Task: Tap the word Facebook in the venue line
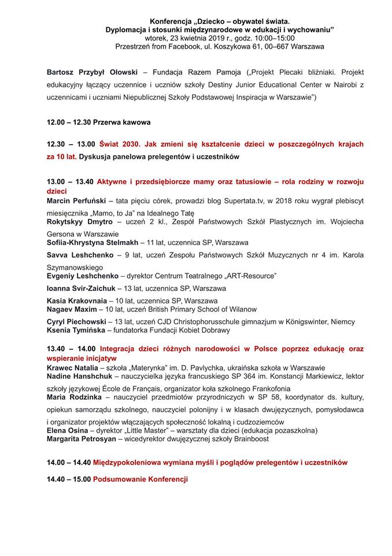coord(188,46)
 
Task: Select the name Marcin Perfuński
coord(76,200)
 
